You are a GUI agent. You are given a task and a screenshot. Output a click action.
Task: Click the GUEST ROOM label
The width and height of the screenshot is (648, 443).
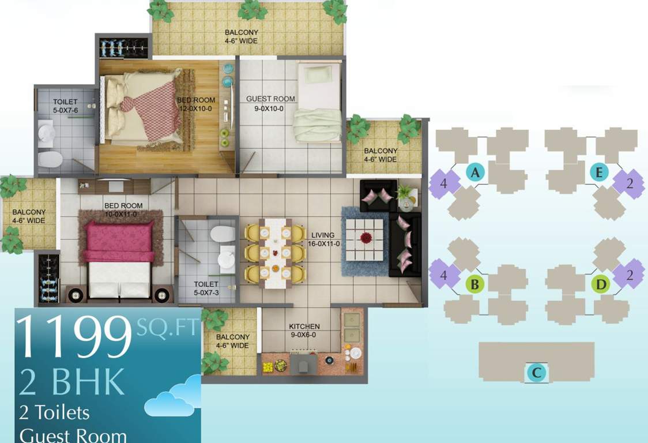[270, 103]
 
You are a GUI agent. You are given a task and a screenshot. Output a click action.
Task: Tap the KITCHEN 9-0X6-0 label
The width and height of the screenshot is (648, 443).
[304, 331]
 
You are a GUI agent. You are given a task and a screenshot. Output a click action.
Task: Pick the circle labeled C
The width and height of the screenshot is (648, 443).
[537, 373]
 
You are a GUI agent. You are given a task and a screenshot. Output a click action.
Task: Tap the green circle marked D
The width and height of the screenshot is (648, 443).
[601, 284]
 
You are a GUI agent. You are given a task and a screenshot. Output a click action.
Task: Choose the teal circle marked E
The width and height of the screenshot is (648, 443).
[600, 172]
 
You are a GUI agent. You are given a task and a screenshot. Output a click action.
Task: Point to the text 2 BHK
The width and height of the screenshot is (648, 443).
[72, 381]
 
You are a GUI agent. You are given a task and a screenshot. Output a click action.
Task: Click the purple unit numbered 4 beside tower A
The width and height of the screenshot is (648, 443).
[444, 184]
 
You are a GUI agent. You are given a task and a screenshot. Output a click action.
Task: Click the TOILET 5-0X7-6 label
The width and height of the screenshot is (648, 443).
[65, 106]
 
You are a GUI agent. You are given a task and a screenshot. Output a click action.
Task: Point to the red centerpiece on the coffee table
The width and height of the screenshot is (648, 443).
[366, 237]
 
